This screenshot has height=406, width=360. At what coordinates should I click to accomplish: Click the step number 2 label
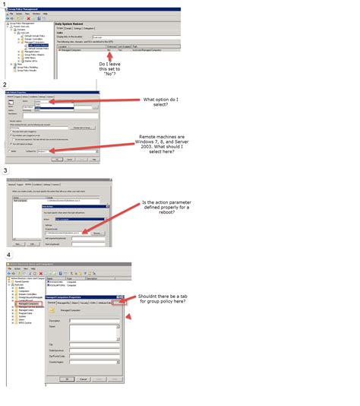coord(5,84)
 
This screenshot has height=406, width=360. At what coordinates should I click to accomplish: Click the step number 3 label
coord(5,172)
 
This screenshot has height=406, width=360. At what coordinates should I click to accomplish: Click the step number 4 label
coord(7,255)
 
